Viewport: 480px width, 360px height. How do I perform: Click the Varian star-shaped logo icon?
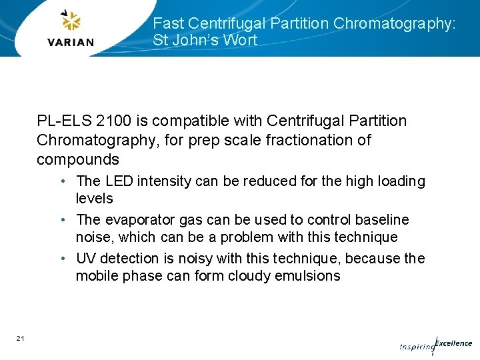pyautogui.click(x=70, y=21)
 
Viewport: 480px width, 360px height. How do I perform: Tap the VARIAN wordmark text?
pyautogui.click(x=71, y=42)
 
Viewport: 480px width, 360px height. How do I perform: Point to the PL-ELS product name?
pyautogui.click(x=64, y=121)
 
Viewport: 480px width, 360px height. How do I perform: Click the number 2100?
pyautogui.click(x=114, y=121)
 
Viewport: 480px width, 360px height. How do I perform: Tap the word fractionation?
pyautogui.click(x=311, y=140)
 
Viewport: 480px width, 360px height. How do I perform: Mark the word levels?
pyautogui.click(x=95, y=199)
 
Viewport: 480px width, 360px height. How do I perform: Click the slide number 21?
pyautogui.click(x=21, y=339)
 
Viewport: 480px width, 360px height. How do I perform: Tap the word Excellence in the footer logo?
pyautogui.click(x=453, y=343)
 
